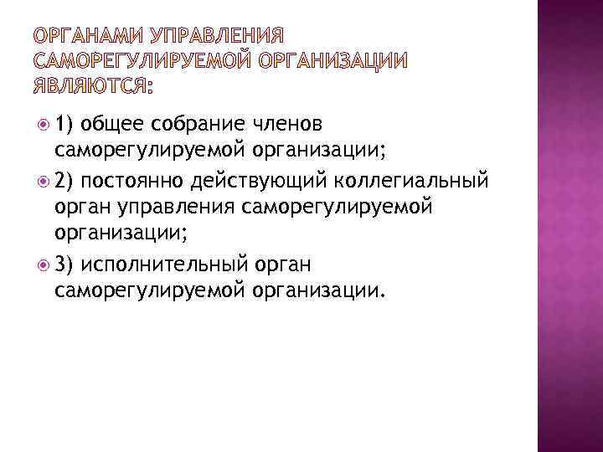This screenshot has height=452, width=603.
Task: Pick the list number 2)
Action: [x=66, y=180]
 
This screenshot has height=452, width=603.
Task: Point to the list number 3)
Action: [x=66, y=265]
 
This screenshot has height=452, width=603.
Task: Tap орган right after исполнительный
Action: [x=282, y=265]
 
